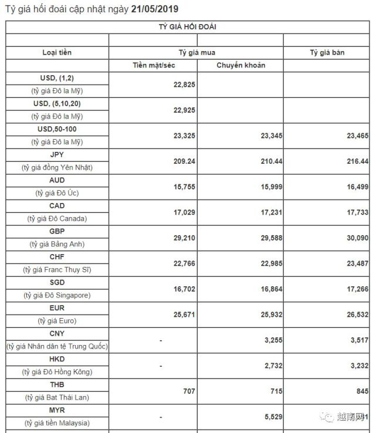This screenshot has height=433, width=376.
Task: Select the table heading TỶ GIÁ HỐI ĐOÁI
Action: click(188, 27)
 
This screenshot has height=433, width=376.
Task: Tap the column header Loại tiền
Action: click(57, 53)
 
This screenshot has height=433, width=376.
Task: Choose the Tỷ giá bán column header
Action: click(327, 53)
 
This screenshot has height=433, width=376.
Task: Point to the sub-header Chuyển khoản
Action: click(240, 65)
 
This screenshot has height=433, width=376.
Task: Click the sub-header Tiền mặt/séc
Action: click(154, 65)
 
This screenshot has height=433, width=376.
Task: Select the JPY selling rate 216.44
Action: click(357, 161)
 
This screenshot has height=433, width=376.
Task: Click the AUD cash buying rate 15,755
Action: click(184, 187)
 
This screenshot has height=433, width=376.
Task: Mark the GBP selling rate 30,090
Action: click(357, 238)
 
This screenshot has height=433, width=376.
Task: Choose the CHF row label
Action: click(57, 257)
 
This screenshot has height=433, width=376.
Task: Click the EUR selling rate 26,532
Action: click(357, 314)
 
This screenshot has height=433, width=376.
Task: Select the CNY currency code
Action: click(57, 334)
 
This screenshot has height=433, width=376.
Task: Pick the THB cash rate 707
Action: click(189, 391)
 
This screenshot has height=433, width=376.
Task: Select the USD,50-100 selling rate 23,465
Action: click(357, 135)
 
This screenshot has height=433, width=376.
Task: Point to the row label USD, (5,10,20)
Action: click(57, 103)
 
